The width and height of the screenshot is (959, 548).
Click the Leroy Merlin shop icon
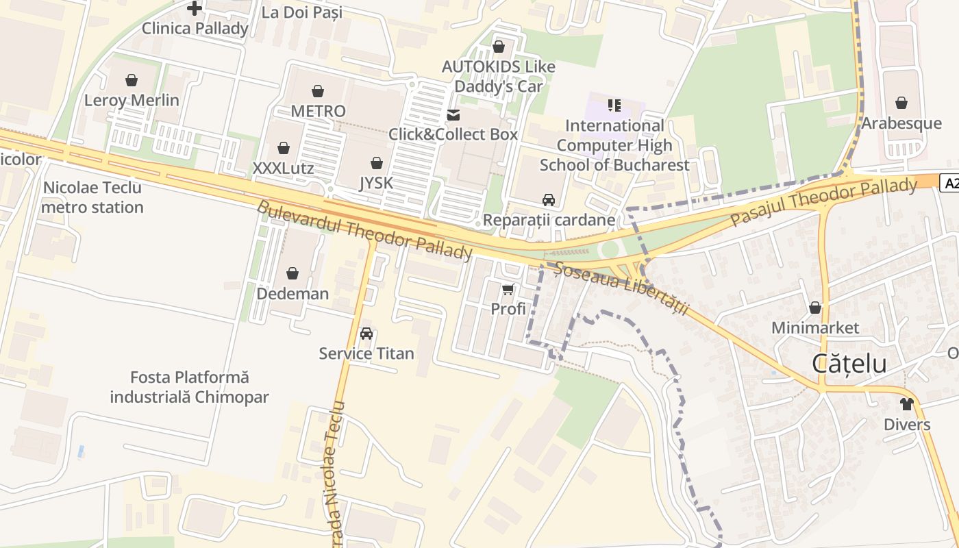click(x=132, y=80)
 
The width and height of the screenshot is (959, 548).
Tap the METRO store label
click(x=318, y=111)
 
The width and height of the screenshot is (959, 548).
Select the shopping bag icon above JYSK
click(x=376, y=163)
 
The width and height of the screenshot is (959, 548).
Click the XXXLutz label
click(x=283, y=169)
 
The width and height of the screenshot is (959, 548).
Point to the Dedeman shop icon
click(x=292, y=274)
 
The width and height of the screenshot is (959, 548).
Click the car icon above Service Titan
click(x=366, y=334)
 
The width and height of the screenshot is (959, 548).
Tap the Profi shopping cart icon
click(x=508, y=290)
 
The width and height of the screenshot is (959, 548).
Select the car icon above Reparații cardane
click(x=549, y=200)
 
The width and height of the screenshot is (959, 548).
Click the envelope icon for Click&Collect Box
click(x=453, y=114)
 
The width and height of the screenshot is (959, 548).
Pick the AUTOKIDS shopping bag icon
click(x=499, y=47)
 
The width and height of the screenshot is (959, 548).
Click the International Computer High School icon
click(x=614, y=105)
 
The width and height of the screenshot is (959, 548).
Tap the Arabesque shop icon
click(x=901, y=103)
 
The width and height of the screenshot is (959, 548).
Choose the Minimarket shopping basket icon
click(x=815, y=308)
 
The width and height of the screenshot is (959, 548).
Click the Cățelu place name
click(x=849, y=364)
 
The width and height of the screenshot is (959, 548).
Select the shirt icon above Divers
click(x=907, y=404)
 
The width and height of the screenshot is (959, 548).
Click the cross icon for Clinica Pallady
click(x=195, y=8)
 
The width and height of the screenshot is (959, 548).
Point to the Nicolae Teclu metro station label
click(x=92, y=197)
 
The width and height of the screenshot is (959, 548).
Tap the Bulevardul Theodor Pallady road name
click(x=364, y=231)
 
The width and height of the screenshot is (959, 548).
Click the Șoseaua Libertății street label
click(x=621, y=288)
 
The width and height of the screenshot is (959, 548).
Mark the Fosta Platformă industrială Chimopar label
click(x=189, y=387)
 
